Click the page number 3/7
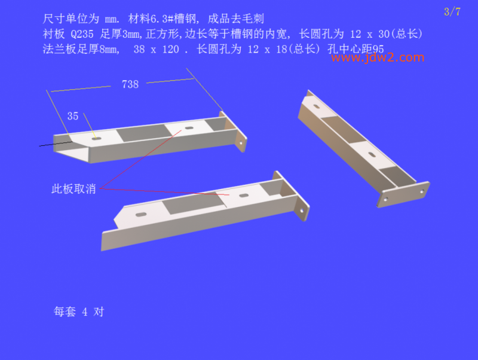click(x=452, y=12)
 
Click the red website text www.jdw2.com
click(x=378, y=57)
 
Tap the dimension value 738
click(x=130, y=84)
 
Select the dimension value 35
click(x=73, y=116)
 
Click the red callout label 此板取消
click(x=73, y=189)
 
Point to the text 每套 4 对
click(x=79, y=312)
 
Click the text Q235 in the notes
click(x=82, y=34)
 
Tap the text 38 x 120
click(x=156, y=50)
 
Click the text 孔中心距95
click(x=356, y=49)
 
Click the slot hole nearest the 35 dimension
click(x=97, y=139)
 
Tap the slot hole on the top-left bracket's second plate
click(x=189, y=128)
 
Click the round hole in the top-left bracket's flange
click(x=241, y=142)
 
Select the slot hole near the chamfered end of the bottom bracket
click(x=141, y=215)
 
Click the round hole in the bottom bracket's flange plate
click(x=302, y=210)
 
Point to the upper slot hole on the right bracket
click(x=317, y=106)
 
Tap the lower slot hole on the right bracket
click(x=372, y=155)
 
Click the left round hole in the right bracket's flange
click(x=385, y=199)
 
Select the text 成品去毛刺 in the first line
click(x=235, y=19)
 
